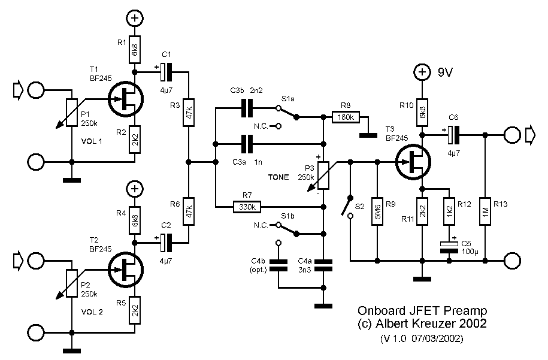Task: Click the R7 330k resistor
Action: coord(247,207)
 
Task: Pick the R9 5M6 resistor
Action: coord(377,211)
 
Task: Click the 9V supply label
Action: coord(444,73)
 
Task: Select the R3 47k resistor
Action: coord(189,115)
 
